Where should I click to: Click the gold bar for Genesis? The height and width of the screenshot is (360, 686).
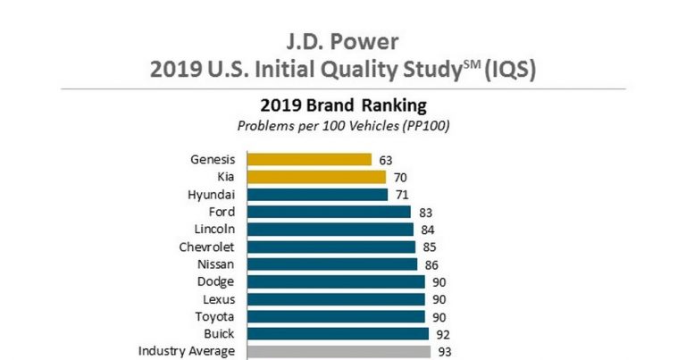(309, 160)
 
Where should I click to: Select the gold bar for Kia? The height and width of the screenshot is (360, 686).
(316, 177)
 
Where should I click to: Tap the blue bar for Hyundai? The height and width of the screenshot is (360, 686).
(317, 195)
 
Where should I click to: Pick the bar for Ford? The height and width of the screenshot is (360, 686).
(329, 212)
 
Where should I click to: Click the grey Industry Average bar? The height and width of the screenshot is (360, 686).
(339, 351)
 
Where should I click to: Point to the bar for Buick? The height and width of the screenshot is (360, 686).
(338, 334)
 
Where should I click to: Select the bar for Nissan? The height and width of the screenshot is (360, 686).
(331, 264)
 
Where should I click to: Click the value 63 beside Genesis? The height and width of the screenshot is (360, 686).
(386, 160)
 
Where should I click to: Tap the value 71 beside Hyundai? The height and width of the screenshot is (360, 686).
(402, 195)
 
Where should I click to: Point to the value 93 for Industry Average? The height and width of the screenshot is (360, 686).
(444, 351)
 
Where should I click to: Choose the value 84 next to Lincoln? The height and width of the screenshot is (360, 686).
(427, 230)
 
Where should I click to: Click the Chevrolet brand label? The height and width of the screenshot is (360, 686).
(207, 247)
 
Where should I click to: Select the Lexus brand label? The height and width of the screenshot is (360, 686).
(219, 299)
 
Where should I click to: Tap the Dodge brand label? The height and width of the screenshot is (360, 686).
(217, 281)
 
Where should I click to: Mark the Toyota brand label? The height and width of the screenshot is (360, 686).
(215, 316)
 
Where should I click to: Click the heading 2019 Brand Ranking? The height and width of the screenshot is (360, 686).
(342, 105)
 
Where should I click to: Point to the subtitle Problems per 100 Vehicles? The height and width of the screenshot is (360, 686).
(342, 125)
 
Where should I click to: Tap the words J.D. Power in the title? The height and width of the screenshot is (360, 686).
(342, 42)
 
